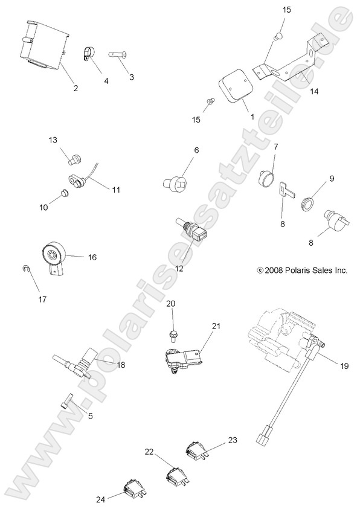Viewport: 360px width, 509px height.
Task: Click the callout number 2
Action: (x=76, y=88)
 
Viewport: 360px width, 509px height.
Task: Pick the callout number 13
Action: (x=53, y=140)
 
